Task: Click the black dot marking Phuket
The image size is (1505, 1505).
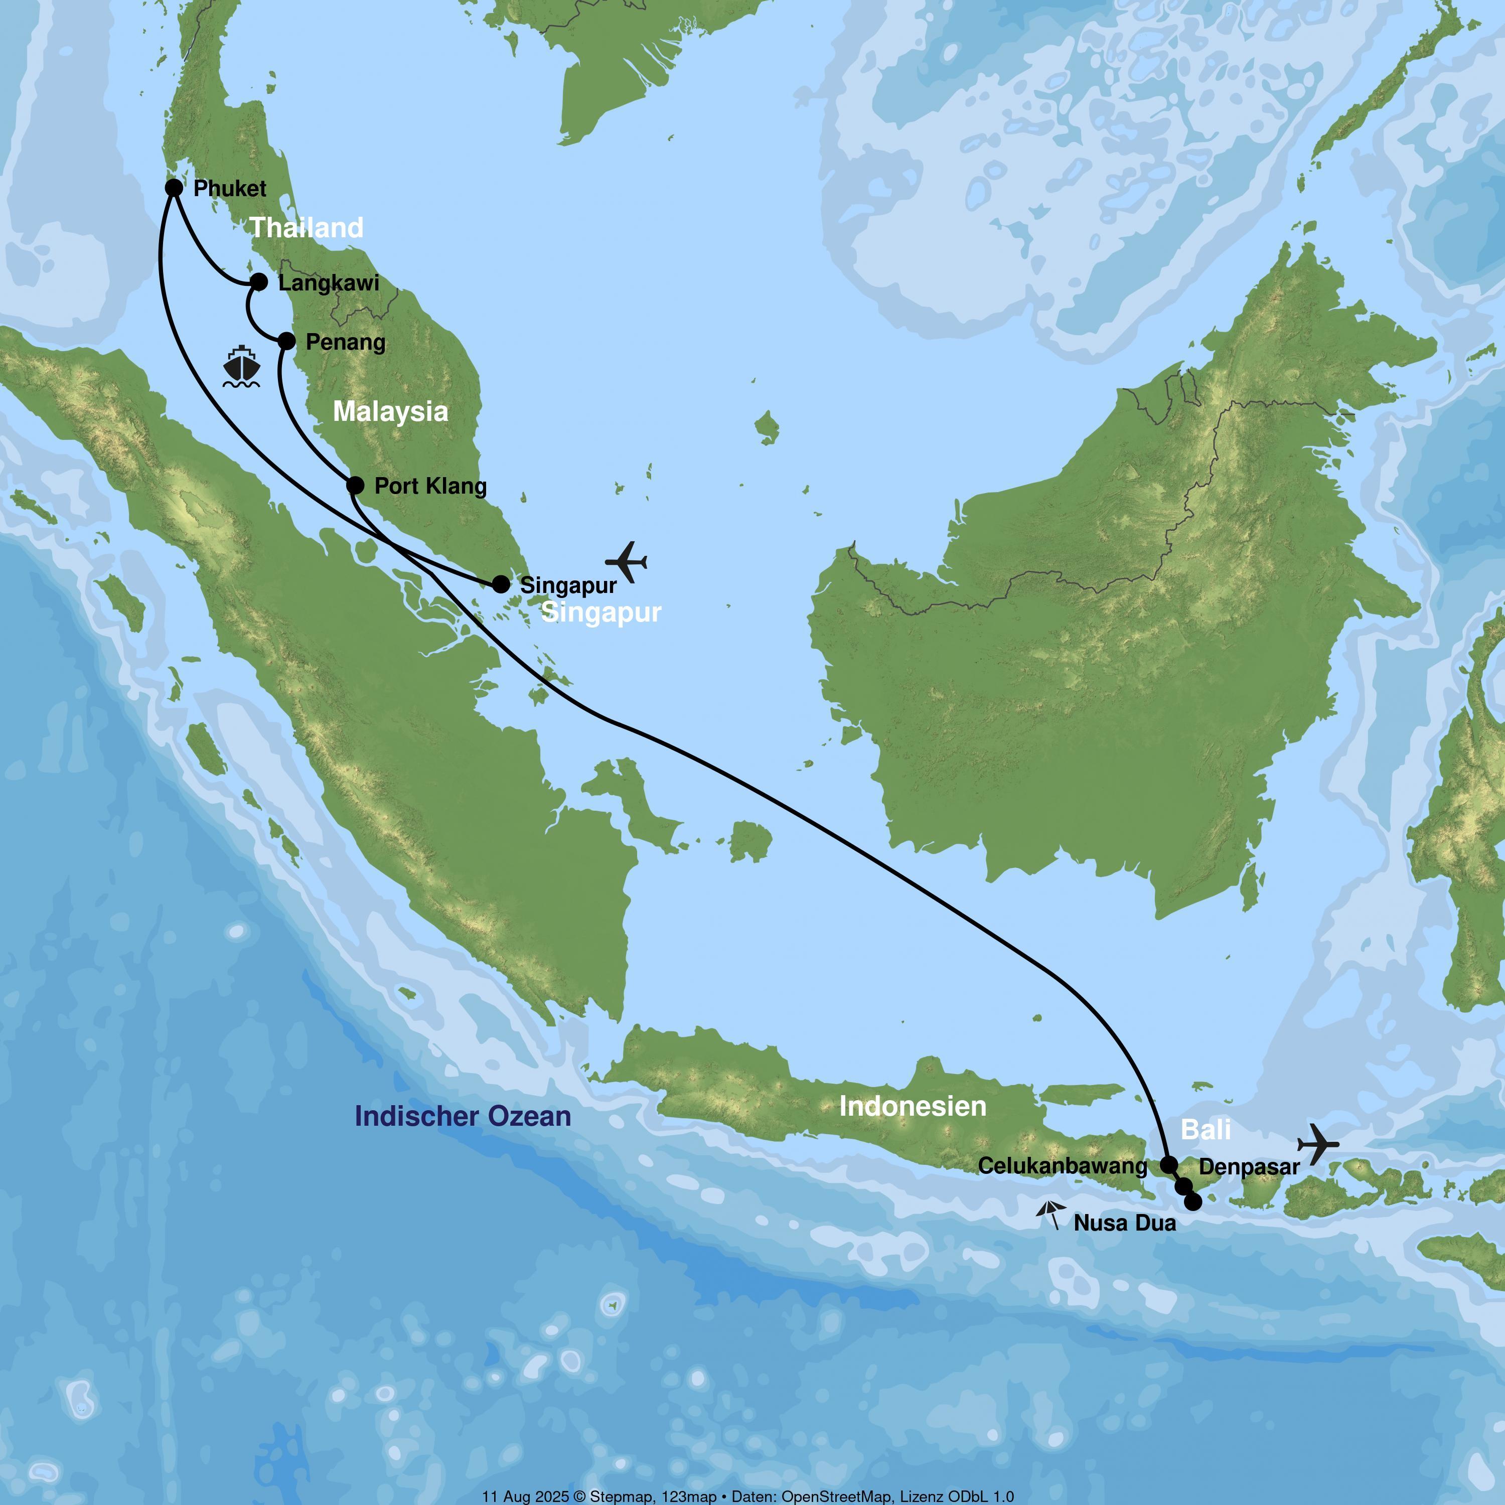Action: pos(174,188)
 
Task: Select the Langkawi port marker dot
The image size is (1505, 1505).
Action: pos(259,282)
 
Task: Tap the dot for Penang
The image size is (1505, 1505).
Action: pos(286,341)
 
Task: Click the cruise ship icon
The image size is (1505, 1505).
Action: pos(241,367)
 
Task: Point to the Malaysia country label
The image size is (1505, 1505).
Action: pos(390,411)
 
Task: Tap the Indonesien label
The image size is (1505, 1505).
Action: pos(912,1106)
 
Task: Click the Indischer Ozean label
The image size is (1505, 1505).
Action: pos(463,1116)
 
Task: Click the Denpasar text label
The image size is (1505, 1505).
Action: pos(1249,1167)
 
